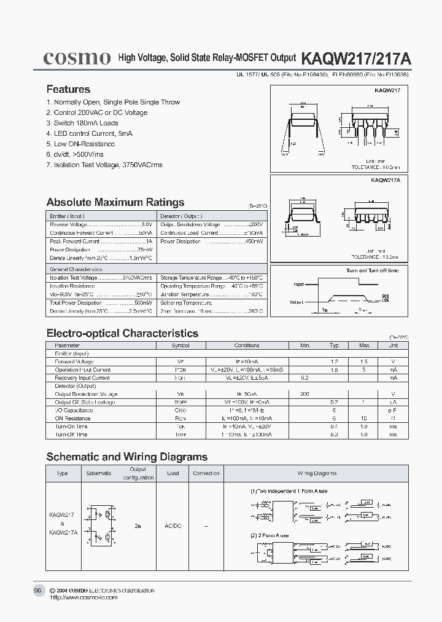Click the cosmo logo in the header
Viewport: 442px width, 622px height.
click(76, 58)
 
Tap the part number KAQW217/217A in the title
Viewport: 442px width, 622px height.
click(357, 59)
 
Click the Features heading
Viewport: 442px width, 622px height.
click(68, 89)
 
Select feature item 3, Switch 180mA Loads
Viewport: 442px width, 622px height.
click(82, 123)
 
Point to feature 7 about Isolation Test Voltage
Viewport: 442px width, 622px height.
click(104, 165)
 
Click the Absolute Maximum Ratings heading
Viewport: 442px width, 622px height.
click(115, 202)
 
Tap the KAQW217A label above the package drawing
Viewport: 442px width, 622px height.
click(385, 181)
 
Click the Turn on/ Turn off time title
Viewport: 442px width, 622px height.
click(372, 270)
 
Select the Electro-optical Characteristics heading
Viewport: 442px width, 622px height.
click(122, 333)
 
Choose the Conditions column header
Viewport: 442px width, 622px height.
click(247, 345)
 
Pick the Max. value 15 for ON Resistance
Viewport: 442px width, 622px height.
click(363, 418)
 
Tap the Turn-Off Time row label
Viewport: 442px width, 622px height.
click(72, 434)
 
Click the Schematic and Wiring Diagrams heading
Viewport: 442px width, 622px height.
click(127, 457)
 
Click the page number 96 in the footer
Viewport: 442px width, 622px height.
click(37, 590)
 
